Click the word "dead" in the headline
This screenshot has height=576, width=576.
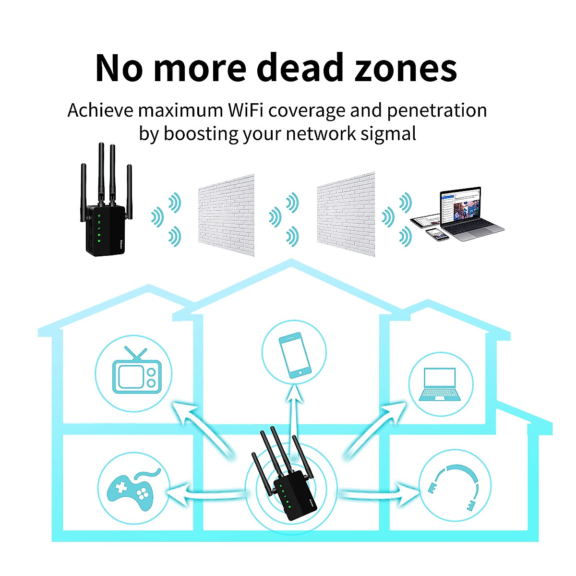(301, 68)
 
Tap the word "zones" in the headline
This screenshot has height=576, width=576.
(405, 68)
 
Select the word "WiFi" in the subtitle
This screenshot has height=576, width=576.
(245, 110)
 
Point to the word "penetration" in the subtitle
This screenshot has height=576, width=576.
(437, 110)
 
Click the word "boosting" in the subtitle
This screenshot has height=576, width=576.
(201, 133)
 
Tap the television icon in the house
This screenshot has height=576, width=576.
(134, 372)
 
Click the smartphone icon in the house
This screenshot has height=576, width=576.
(294, 354)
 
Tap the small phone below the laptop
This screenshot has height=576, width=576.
(437, 234)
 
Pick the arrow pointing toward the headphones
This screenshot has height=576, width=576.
(379, 493)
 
